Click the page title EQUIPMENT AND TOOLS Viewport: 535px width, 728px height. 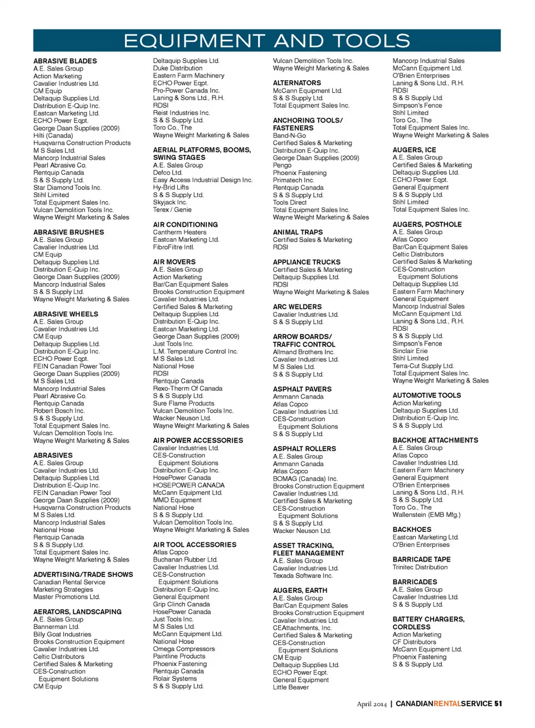point(266,41)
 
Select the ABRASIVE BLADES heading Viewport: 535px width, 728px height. point(65,61)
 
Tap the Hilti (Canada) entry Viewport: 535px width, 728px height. point(53,135)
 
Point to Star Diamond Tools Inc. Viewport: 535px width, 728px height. point(67,188)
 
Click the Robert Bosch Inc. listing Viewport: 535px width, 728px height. point(59,411)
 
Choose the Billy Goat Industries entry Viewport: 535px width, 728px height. point(62,634)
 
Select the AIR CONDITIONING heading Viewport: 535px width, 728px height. point(185,225)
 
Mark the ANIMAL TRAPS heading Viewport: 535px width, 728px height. point(298,232)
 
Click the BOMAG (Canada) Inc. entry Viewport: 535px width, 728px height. point(305,479)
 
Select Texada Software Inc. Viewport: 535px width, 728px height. point(302,576)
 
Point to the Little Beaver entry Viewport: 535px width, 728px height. point(290,687)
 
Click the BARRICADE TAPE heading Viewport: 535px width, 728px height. point(421,560)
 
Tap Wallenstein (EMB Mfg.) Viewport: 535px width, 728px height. point(426,515)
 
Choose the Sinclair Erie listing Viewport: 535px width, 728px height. point(410,351)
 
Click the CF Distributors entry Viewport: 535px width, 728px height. point(414,642)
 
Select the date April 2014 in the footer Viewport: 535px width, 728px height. point(371,704)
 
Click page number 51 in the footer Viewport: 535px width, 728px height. point(498,704)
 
